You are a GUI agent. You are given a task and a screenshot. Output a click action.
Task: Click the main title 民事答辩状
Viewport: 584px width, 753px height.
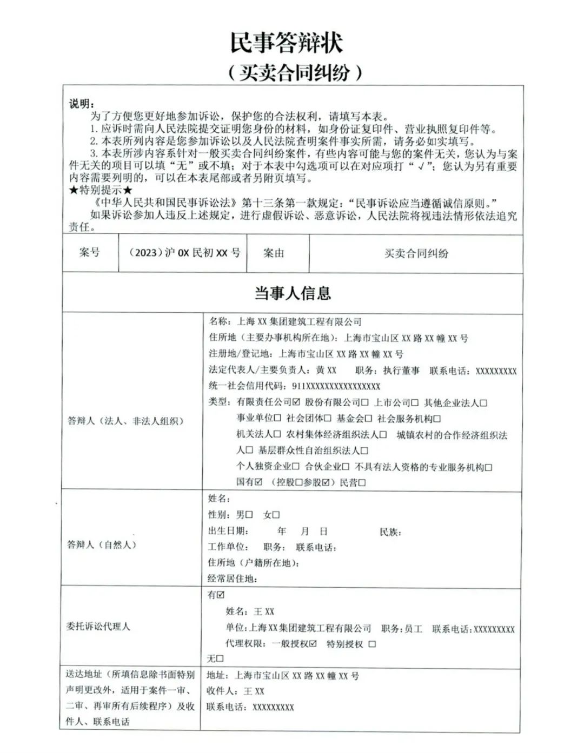pyautogui.click(x=287, y=43)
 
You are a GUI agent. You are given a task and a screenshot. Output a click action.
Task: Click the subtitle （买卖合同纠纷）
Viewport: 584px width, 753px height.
pyautogui.click(x=294, y=72)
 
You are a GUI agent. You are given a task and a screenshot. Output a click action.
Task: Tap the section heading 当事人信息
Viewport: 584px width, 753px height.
pyautogui.click(x=293, y=293)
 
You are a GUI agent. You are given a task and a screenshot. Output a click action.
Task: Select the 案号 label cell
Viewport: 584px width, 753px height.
pyautogui.click(x=90, y=252)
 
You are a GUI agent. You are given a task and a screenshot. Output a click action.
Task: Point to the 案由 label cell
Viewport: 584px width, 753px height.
pyautogui.click(x=274, y=253)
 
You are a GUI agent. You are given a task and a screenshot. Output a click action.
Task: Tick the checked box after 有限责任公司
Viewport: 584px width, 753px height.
pyautogui.click(x=296, y=403)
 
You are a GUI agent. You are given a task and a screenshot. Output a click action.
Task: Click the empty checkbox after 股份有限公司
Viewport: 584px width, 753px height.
pyautogui.click(x=365, y=403)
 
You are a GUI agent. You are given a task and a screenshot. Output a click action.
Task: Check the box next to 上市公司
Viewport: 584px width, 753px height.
pyautogui.click(x=415, y=403)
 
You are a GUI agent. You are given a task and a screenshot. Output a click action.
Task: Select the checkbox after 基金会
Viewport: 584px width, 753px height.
pyautogui.click(x=368, y=419)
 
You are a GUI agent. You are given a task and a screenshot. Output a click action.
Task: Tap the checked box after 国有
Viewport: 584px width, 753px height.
pyautogui.click(x=258, y=482)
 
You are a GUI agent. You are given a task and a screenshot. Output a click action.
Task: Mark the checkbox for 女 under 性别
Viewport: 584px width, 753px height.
pyautogui.click(x=276, y=515)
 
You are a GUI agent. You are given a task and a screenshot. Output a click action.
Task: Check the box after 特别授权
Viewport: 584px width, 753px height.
pyautogui.click(x=371, y=644)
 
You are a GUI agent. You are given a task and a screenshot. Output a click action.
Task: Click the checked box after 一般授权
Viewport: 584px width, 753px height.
pyautogui.click(x=313, y=644)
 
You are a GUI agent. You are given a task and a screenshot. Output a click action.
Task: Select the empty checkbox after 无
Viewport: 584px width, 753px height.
pyautogui.click(x=220, y=659)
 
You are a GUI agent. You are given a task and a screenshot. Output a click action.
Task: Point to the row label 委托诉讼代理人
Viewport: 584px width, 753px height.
pyautogui.click(x=98, y=627)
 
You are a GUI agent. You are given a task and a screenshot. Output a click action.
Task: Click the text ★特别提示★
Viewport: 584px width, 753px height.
pyautogui.click(x=101, y=190)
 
